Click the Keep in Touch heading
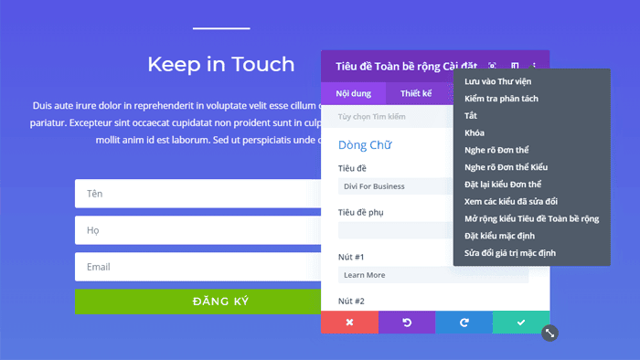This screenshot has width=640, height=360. (221, 64)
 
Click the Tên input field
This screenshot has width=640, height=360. (197, 194)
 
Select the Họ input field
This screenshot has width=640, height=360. (197, 230)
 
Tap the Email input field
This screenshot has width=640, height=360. (197, 267)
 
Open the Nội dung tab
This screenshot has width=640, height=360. (353, 93)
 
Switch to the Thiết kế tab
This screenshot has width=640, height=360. (416, 93)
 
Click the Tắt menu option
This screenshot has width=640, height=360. (471, 116)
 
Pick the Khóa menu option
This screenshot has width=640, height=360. (475, 132)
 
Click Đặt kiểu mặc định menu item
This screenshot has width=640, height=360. (499, 236)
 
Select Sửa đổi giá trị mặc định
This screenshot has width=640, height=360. (509, 252)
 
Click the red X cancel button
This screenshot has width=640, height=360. (349, 323)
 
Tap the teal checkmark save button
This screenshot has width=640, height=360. (521, 323)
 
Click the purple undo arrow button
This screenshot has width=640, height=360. (407, 323)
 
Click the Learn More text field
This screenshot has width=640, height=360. (432, 274)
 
